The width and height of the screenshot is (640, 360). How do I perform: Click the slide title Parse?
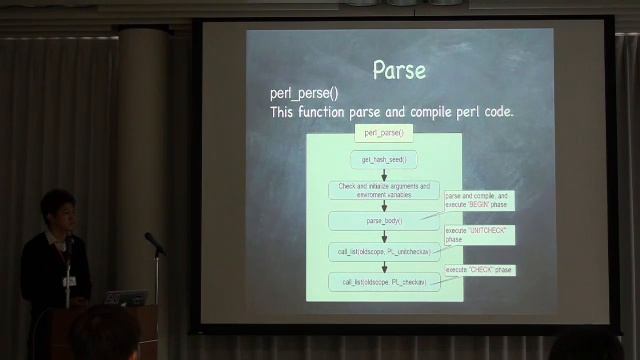click(399, 70)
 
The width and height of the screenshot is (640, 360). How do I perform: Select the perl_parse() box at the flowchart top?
click(383, 132)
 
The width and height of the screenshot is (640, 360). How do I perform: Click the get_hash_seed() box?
click(383, 159)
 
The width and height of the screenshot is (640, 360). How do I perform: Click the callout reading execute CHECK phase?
click(480, 270)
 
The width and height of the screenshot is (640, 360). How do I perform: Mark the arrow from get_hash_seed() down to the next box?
click(383, 173)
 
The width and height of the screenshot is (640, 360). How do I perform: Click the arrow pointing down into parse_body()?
click(383, 205)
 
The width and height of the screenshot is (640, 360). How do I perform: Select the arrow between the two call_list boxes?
click(383, 266)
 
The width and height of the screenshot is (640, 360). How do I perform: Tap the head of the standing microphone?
click(151, 240)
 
